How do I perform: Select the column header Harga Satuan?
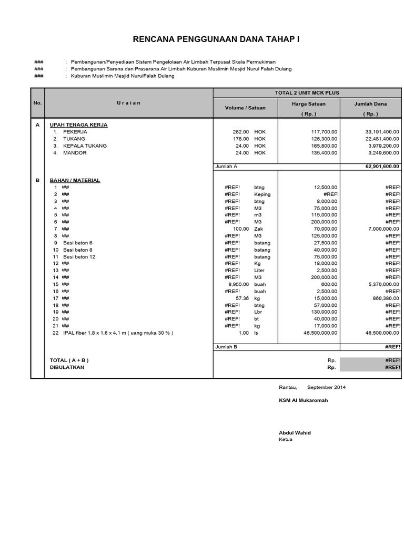pyautogui.click(x=309, y=104)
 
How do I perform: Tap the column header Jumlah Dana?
pyautogui.click(x=370, y=104)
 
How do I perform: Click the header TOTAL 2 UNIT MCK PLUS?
pyautogui.click(x=307, y=92)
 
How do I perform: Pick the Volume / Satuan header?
pyautogui.click(x=245, y=108)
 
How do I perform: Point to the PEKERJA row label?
pyautogui.click(x=75, y=132)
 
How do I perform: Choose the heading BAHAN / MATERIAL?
pyautogui.click(x=75, y=180)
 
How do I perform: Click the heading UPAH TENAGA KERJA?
pyautogui.click(x=78, y=125)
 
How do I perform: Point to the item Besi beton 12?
pyautogui.click(x=79, y=256)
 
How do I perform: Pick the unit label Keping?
pyautogui.click(x=262, y=194)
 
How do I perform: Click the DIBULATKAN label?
pyautogui.click(x=67, y=367)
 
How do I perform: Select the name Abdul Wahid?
pyautogui.click(x=295, y=433)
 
